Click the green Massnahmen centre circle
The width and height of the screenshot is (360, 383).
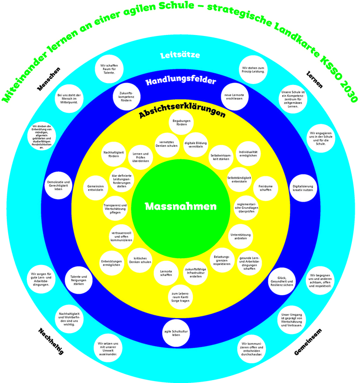180,206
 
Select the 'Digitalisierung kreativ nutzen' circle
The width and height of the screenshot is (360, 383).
302,188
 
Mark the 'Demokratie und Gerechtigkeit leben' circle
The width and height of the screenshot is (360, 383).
59,186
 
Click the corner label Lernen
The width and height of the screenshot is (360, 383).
314,79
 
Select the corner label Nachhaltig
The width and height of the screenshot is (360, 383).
50,341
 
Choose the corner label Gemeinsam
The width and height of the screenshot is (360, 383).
308,342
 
